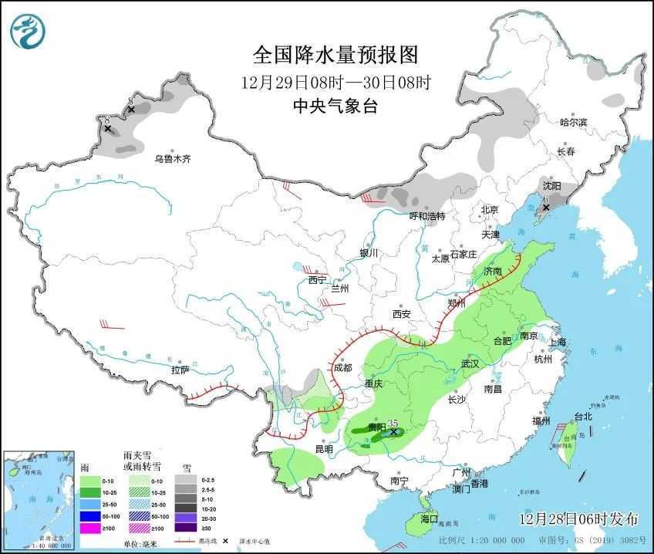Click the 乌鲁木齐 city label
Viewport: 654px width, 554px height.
(171, 159)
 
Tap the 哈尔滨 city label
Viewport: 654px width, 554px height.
(573, 123)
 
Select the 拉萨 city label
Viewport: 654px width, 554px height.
(180, 370)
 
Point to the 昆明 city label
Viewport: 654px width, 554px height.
(323, 449)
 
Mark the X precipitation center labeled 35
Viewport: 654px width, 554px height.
(393, 433)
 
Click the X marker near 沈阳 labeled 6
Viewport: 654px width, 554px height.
(546, 208)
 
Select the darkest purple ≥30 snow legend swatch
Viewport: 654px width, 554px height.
(185, 528)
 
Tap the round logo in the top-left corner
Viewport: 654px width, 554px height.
(28, 32)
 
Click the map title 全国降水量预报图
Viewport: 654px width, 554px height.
(335, 55)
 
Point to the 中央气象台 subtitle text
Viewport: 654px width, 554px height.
(335, 106)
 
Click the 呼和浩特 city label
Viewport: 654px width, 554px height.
(426, 216)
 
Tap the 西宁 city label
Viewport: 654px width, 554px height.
(317, 280)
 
